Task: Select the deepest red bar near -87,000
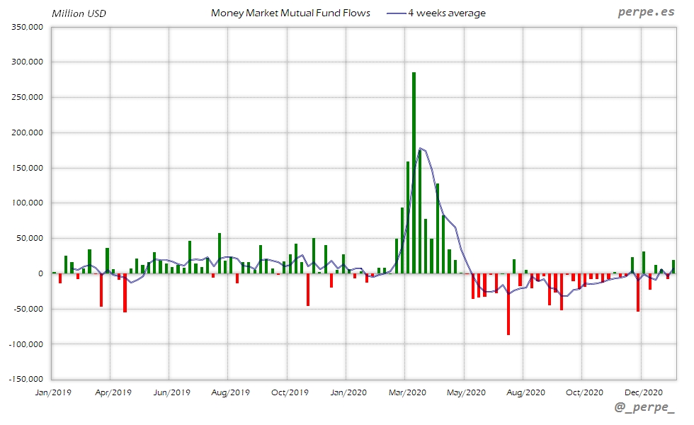click(508, 304)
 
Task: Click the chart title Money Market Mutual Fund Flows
click(290, 13)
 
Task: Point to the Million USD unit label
click(79, 13)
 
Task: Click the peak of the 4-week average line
click(421, 148)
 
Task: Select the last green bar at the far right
click(673, 266)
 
